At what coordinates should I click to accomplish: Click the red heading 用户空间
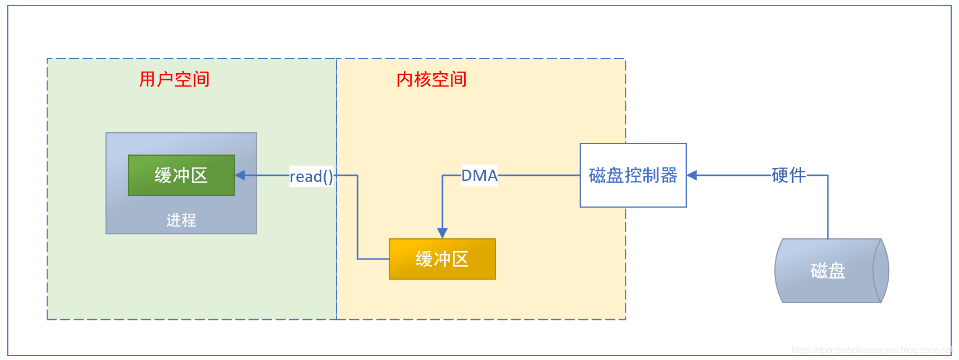174,79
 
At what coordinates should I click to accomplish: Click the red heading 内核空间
431,79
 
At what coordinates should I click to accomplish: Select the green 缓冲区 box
181,175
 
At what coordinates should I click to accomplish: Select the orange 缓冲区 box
442,259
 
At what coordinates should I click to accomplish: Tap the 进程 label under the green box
181,220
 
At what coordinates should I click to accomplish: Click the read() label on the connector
311,176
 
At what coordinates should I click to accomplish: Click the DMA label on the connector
479,175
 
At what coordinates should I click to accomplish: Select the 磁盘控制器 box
633,175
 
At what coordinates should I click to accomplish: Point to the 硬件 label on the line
788,175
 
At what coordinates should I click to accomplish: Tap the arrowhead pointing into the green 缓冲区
240,175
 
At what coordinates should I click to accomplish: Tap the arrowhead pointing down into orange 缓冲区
442,233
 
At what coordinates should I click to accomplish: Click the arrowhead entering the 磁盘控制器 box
692,175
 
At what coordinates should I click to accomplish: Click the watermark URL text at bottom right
871,350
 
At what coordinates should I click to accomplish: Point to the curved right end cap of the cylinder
881,271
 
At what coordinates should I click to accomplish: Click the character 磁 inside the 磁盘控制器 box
597,175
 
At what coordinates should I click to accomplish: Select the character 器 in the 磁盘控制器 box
668,175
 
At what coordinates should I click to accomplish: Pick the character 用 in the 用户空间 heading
148,79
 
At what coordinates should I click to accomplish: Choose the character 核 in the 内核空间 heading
422,79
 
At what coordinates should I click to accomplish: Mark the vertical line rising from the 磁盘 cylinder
828,207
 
